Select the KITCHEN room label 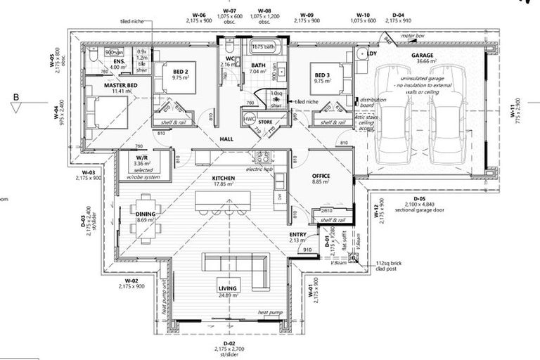(224, 179)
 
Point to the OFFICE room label (321, 175)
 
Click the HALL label (226, 139)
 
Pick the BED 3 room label (322, 75)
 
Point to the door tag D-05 (420, 199)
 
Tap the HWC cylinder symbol (250, 120)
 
